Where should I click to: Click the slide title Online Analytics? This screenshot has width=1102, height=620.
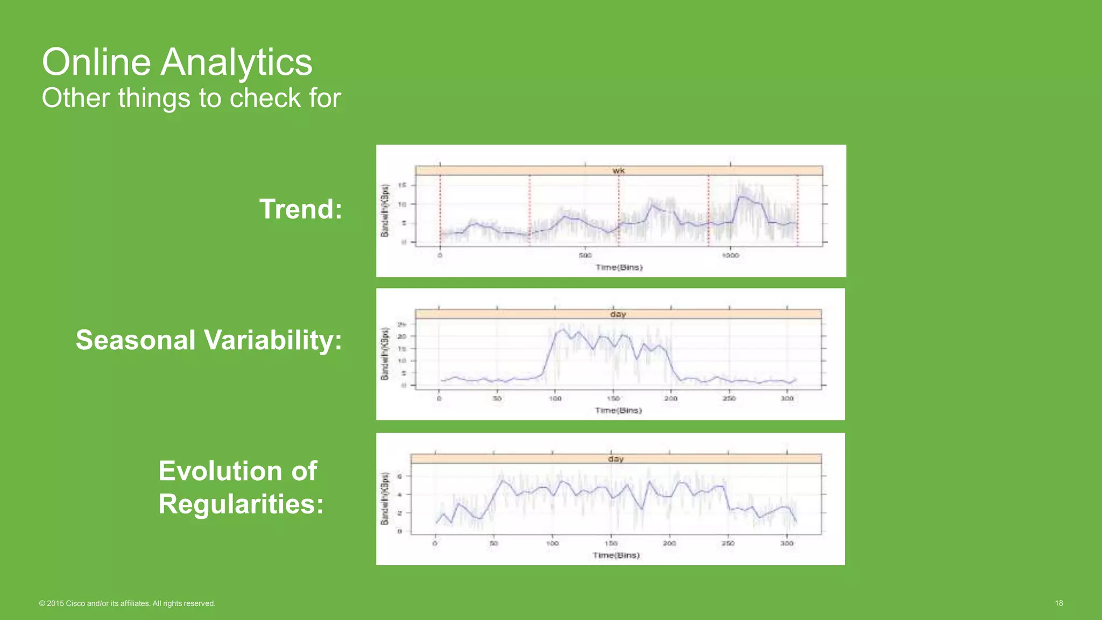coord(177,62)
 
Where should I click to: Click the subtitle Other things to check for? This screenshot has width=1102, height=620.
coord(191,98)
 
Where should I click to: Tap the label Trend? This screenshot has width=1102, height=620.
coord(301,209)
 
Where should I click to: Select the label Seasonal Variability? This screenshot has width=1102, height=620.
coord(209,340)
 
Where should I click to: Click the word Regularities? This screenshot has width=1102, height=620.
coord(241,504)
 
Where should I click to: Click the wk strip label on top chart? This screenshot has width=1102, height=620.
coord(618,171)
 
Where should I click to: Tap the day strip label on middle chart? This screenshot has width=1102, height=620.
coord(618,314)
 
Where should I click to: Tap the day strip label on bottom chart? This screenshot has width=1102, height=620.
coord(616,459)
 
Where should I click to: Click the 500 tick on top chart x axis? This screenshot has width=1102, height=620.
coord(585,255)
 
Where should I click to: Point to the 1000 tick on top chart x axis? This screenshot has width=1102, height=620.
coord(730,255)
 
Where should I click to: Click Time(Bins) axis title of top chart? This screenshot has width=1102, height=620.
coord(619,267)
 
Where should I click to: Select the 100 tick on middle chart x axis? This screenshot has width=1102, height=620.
coord(555,399)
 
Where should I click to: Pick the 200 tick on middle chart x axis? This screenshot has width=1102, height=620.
coord(670,399)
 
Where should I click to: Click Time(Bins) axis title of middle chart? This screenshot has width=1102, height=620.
coord(618,411)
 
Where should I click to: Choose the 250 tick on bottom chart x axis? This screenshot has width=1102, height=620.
coord(728,544)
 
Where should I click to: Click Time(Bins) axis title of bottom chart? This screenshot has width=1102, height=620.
coord(616,555)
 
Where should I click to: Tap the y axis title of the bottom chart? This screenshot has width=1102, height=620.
coord(384,498)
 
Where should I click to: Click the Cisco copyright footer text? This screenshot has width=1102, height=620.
coord(127,603)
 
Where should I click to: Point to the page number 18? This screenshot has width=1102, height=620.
coord(1058,603)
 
